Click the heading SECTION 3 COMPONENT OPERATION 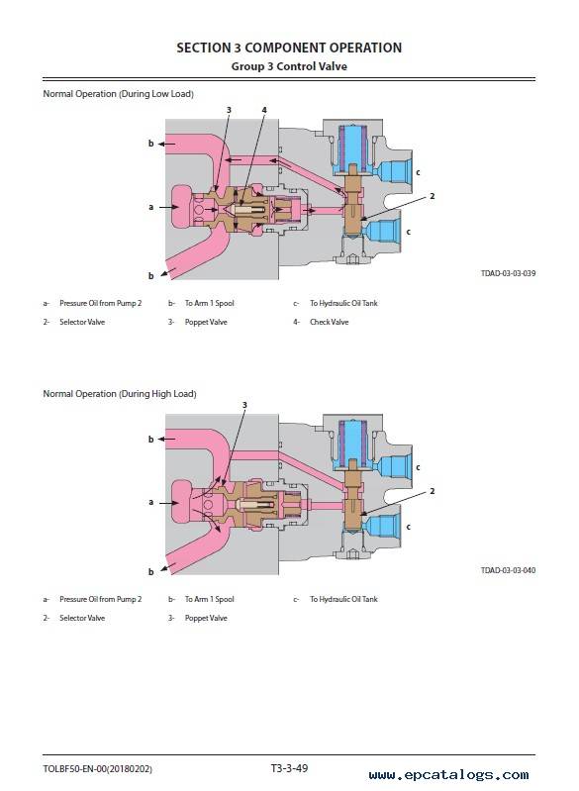pos(289,48)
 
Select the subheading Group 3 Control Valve pos(289,66)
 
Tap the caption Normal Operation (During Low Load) pos(118,94)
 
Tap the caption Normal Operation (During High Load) pos(120,393)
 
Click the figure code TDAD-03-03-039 pos(508,273)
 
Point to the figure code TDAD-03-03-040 pos(508,570)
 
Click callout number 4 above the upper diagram pos(264,110)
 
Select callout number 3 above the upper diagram pos(229,110)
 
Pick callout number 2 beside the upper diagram pos(432,196)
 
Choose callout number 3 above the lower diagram pos(244,405)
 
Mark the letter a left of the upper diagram pos(150,207)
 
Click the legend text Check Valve pos(329,322)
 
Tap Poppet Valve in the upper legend pos(206,322)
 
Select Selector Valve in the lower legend pos(82,618)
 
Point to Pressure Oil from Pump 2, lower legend pos(100,599)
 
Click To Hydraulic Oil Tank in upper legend pos(343,303)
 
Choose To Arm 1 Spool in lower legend pos(209,599)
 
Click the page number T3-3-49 pos(289,768)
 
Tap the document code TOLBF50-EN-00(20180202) pos(97,769)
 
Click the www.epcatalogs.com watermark pos(448,774)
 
